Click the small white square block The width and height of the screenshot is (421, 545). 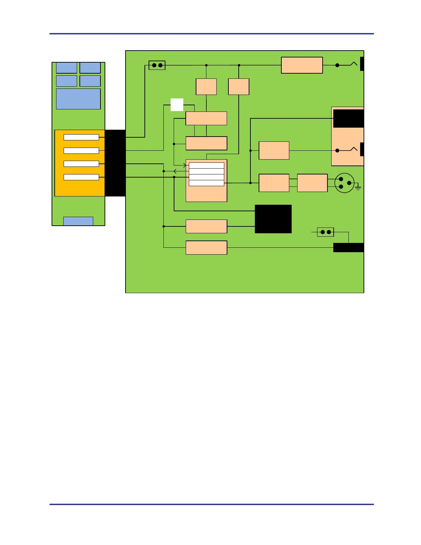click(177, 105)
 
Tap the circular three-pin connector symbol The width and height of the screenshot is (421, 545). click(344, 183)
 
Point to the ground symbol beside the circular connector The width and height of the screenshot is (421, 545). click(358, 188)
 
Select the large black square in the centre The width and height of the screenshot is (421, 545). click(273, 219)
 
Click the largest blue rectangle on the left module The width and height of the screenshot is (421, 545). click(78, 99)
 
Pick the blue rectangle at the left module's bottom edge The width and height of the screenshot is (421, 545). click(78, 221)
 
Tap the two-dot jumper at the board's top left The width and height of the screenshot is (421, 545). click(157, 65)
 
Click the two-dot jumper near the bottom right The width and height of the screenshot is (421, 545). click(325, 232)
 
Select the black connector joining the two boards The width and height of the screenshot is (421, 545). click(115, 163)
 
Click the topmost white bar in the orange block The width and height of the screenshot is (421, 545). click(81, 137)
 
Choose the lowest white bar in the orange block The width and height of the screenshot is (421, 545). click(81, 177)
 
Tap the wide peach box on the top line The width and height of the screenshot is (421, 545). click(302, 65)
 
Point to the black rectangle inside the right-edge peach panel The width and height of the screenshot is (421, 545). click(348, 119)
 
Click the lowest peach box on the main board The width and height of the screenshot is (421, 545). click(206, 248)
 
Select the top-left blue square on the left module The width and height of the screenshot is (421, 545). click(66, 68)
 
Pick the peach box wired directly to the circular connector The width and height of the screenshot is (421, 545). click(312, 183)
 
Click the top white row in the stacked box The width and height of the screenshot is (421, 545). click(206, 165)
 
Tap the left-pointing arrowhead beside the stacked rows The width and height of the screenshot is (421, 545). click(175, 171)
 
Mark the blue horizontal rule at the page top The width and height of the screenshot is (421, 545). click(211, 34)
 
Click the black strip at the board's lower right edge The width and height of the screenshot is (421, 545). click(348, 248)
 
